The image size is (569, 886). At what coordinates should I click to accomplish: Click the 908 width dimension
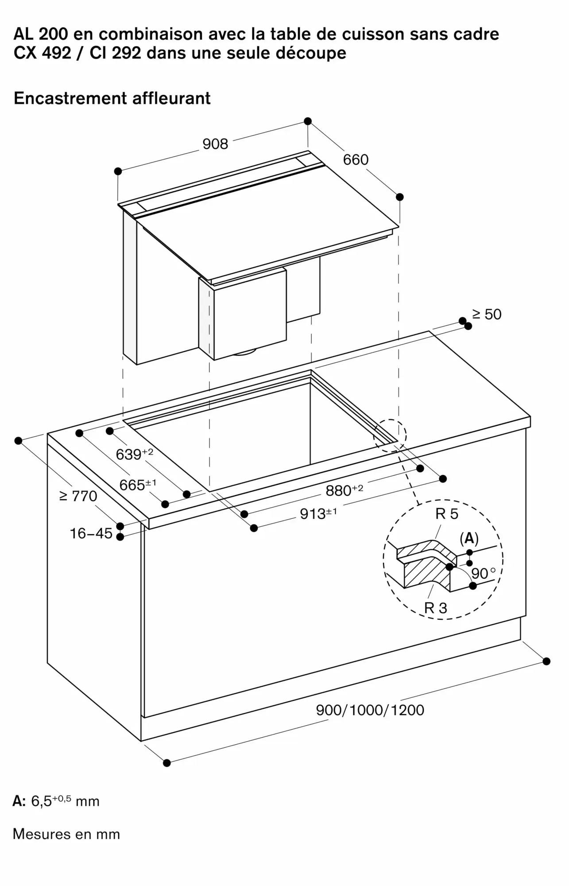click(215, 144)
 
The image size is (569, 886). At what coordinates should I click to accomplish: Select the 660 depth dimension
click(356, 159)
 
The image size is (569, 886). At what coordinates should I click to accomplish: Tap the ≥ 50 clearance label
click(487, 315)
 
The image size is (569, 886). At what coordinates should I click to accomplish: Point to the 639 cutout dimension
click(134, 454)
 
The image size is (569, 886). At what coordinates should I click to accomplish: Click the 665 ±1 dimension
click(138, 485)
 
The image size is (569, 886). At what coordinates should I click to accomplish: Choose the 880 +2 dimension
click(344, 490)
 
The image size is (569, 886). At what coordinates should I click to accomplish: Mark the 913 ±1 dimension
click(318, 513)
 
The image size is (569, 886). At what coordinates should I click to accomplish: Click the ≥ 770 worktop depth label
click(78, 496)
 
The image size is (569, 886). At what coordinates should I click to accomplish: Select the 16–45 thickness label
click(91, 533)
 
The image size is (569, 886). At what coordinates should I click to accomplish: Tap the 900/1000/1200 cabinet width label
click(370, 710)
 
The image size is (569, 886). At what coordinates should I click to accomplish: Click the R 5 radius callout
click(447, 514)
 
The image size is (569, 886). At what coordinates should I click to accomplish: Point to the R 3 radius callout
click(436, 608)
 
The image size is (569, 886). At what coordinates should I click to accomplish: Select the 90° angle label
click(483, 574)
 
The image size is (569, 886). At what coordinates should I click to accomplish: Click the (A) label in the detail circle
click(469, 539)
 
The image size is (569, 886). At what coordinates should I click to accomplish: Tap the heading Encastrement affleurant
click(112, 98)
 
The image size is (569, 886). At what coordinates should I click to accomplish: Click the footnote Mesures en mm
click(66, 834)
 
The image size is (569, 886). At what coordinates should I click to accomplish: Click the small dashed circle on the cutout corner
click(390, 435)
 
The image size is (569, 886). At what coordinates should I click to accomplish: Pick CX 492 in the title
click(42, 53)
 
